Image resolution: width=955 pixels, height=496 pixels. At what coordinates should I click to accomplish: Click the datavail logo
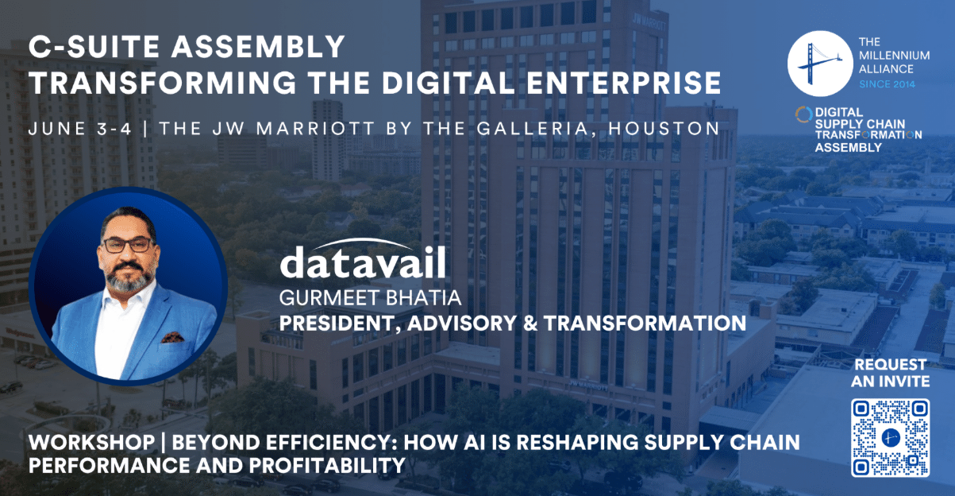click(x=363, y=258)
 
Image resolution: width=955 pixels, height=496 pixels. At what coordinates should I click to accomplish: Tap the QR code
click(x=890, y=437)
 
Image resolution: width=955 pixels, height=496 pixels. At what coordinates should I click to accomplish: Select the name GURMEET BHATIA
click(x=370, y=298)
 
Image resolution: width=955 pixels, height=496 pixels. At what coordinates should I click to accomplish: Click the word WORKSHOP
click(x=91, y=442)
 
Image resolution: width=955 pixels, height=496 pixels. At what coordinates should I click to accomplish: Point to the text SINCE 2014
click(x=887, y=84)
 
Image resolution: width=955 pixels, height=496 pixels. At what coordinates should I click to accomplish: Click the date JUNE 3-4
click(x=80, y=129)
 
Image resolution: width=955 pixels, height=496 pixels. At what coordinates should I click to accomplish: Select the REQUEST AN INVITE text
click(x=890, y=373)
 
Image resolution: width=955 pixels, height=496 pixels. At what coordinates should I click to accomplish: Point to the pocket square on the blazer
click(x=172, y=338)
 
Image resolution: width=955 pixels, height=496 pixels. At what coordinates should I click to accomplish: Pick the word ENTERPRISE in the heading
click(x=623, y=83)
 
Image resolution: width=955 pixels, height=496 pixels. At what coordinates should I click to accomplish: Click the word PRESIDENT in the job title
click(x=340, y=324)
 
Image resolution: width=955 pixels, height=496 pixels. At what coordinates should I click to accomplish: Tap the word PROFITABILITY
click(x=327, y=465)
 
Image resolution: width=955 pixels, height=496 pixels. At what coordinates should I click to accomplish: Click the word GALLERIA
click(x=532, y=129)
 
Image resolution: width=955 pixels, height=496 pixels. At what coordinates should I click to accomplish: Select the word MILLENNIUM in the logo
click(x=894, y=56)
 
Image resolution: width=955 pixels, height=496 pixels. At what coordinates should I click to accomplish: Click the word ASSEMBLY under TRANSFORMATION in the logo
click(x=848, y=148)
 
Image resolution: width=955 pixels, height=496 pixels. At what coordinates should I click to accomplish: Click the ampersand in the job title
click(x=530, y=324)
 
